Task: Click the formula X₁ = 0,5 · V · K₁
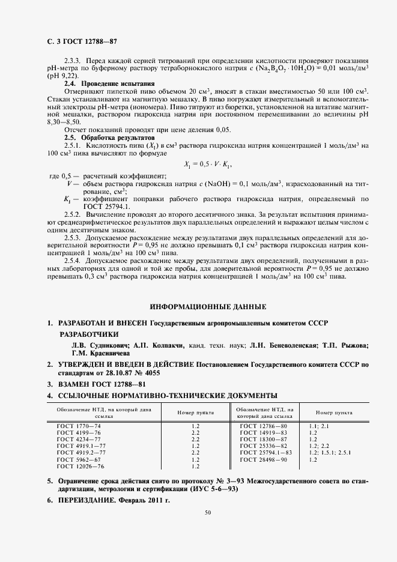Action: coord(207,165)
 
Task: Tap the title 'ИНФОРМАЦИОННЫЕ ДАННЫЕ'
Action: coord(207,307)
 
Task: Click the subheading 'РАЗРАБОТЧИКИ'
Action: coord(88,334)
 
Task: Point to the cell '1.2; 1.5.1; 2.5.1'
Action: coord(330,452)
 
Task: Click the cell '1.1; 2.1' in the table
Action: coord(318,426)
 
